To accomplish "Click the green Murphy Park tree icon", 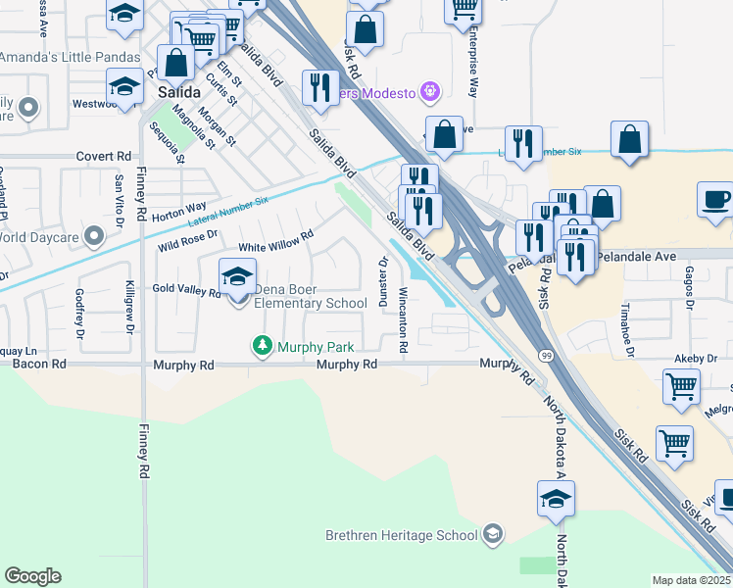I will click(x=262, y=346).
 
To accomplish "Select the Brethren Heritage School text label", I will click(x=402, y=535).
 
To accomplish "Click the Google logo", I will click(x=32, y=576).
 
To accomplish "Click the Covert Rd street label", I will click(x=103, y=156).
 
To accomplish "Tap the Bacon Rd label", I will click(x=39, y=364).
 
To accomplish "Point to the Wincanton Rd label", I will click(x=403, y=320).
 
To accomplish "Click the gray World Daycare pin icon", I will click(x=94, y=235).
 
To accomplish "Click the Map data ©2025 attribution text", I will click(x=691, y=580).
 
